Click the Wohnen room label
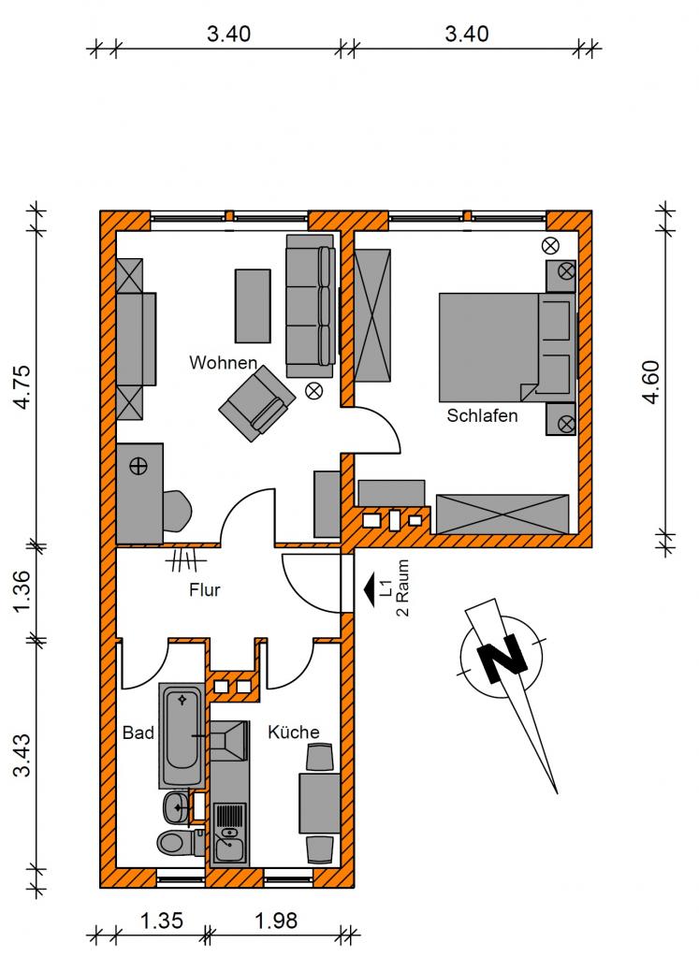click(x=224, y=363)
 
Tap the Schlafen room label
click(x=482, y=415)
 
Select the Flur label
click(x=205, y=590)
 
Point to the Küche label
click(x=294, y=732)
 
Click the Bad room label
click(x=138, y=732)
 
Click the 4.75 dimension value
click(x=22, y=386)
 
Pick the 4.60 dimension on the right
click(x=650, y=382)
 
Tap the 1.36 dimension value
click(x=22, y=592)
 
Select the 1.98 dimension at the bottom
click(x=276, y=921)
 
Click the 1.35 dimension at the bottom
click(x=162, y=921)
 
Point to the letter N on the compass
click(x=502, y=657)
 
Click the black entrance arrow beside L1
click(x=370, y=591)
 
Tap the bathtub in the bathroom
click(x=182, y=736)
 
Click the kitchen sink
click(x=229, y=834)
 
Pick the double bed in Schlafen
click(x=507, y=347)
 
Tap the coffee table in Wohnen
click(x=253, y=306)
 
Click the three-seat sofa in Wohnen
click(x=311, y=305)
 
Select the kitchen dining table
click(x=319, y=804)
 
